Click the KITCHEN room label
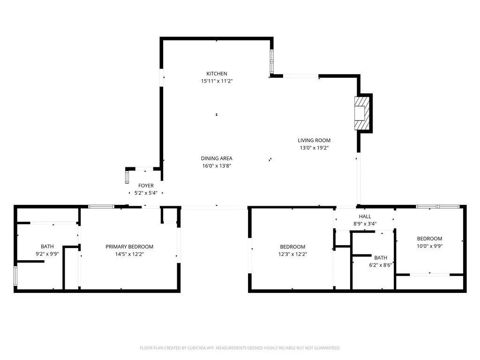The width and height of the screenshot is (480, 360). [x=217, y=74]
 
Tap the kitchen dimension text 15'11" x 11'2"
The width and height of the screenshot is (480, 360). [x=217, y=81]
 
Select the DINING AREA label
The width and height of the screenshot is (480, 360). [x=217, y=158]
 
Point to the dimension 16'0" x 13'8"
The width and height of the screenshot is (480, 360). [x=217, y=166]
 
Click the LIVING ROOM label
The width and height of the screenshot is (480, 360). [x=314, y=140]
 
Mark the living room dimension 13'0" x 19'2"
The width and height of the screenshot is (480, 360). [x=314, y=148]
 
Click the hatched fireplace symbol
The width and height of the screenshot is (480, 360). [x=362, y=113]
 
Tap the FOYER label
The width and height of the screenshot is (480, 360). [x=146, y=186]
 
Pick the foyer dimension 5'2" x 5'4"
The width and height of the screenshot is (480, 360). [x=146, y=193]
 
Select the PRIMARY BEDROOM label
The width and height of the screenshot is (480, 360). [x=129, y=247]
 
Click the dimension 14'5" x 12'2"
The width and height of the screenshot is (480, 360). [x=129, y=254]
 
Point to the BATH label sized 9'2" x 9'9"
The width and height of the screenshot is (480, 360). [x=47, y=246]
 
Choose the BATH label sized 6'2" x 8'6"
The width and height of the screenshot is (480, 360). [x=381, y=257]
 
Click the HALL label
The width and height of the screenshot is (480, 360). [x=365, y=217]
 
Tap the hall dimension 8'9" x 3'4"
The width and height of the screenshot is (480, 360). [x=365, y=224]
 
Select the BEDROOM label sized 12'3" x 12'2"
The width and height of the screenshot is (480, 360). [x=292, y=247]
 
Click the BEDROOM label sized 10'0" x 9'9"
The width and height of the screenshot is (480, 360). [x=429, y=239]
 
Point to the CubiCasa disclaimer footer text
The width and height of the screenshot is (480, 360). [x=240, y=348]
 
